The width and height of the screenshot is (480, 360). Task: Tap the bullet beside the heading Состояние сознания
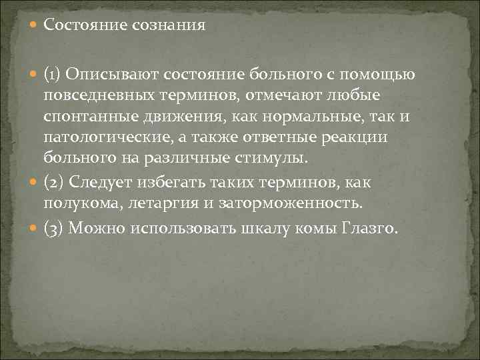(x=35, y=26)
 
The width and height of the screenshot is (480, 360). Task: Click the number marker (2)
(x=53, y=182)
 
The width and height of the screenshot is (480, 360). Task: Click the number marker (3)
(x=53, y=229)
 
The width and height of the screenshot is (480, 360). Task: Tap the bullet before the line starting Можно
(x=35, y=229)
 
